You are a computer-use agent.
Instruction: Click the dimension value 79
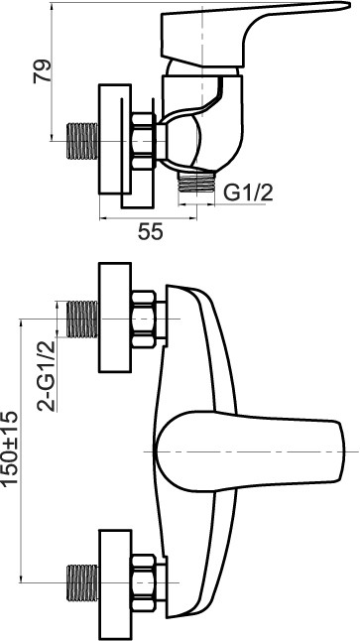(43, 71)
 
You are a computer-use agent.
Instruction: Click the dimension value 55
(150, 232)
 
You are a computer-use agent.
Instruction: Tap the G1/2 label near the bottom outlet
(249, 192)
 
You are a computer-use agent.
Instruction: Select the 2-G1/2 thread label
(47, 376)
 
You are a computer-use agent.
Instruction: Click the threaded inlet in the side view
(82, 141)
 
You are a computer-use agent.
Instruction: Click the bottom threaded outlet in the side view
(196, 182)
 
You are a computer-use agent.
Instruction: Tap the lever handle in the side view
(253, 33)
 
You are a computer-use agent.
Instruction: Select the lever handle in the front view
(249, 451)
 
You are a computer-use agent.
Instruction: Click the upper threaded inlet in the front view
(82, 320)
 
